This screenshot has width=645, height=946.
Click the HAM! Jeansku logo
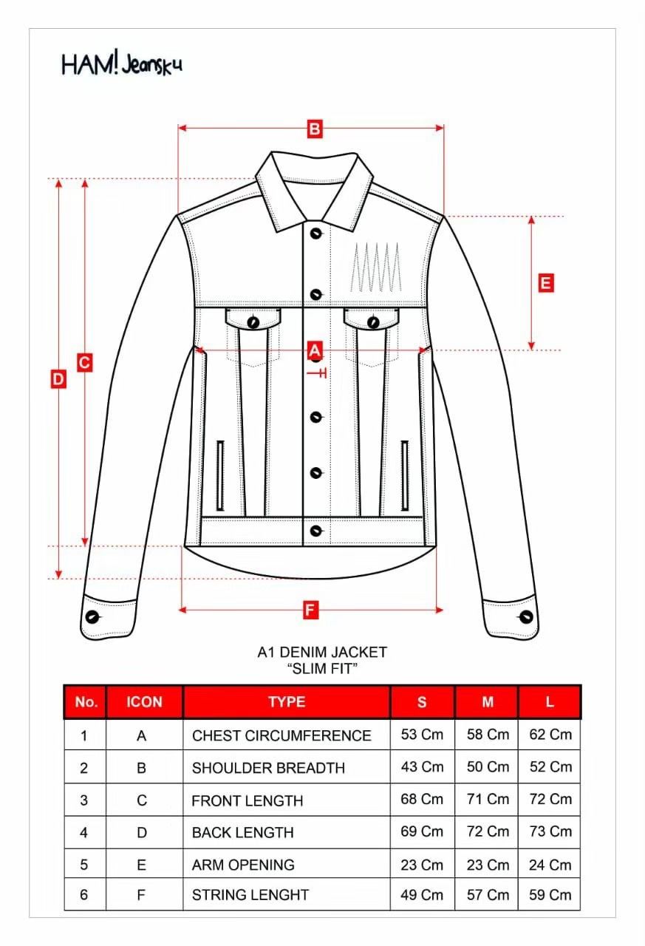(121, 64)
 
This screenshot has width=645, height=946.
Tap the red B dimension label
(315, 129)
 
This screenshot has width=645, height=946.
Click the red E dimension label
(545, 283)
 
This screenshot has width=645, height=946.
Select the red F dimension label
(310, 610)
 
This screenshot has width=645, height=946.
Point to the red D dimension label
(58, 379)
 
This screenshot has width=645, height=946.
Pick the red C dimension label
(84, 363)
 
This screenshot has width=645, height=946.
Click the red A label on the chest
(315, 350)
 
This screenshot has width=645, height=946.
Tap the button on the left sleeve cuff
(93, 616)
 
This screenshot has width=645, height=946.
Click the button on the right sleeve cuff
(526, 616)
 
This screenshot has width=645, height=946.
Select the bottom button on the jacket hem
(316, 530)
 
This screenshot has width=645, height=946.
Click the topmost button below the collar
(316, 234)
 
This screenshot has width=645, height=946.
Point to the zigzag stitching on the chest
(376, 267)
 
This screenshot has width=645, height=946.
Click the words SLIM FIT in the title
(322, 669)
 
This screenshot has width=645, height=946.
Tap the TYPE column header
(287, 702)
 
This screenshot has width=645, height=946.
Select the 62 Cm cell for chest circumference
(550, 735)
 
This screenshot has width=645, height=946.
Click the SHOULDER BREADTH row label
(268, 768)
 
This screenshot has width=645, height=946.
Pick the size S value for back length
(422, 831)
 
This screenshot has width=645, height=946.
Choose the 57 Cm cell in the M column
(488, 894)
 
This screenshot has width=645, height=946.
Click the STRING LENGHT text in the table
(250, 894)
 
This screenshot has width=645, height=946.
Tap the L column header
(550, 702)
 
